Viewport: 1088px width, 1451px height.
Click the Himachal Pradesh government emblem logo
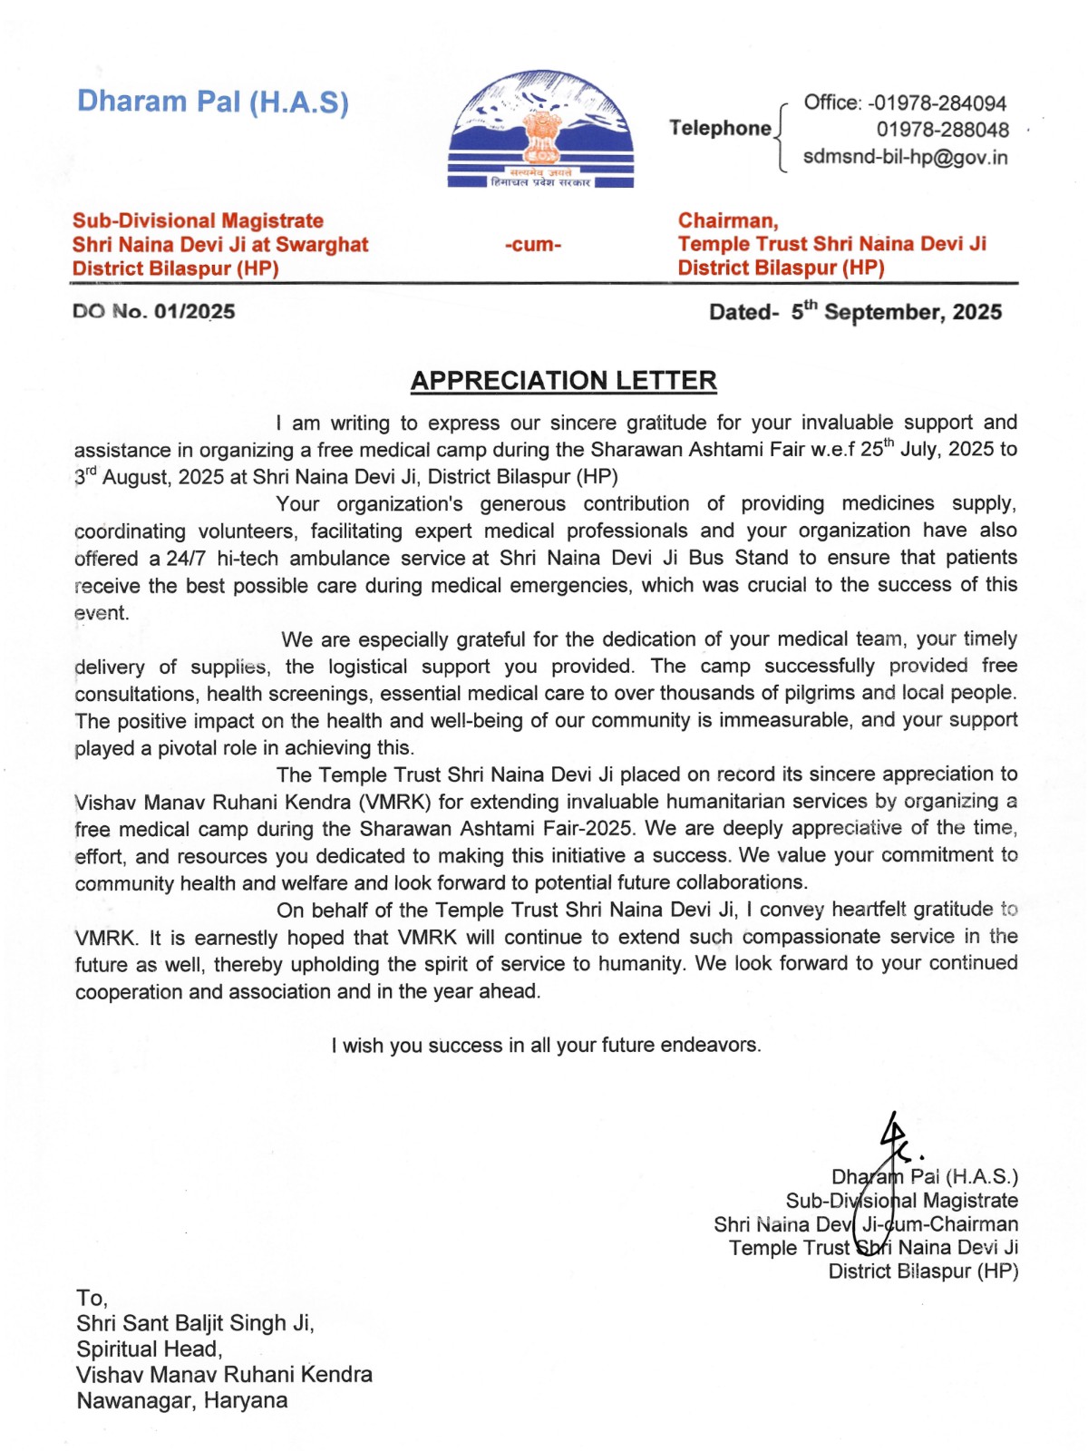pyautogui.click(x=541, y=130)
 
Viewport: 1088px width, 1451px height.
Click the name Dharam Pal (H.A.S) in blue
pyautogui.click(x=212, y=102)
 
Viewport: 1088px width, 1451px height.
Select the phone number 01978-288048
pyautogui.click(x=942, y=130)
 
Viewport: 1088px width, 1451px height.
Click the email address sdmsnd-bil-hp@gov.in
pyautogui.click(x=905, y=157)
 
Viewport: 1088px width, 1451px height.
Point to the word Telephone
pyautogui.click(x=720, y=128)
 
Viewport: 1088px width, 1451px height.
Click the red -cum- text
pyautogui.click(x=533, y=245)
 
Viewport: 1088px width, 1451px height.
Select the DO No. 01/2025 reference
pyautogui.click(x=154, y=312)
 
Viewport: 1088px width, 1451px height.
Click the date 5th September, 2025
pyautogui.click(x=896, y=312)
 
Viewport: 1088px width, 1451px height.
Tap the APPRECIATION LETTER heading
pyautogui.click(x=563, y=381)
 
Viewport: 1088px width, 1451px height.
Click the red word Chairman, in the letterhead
pyautogui.click(x=728, y=220)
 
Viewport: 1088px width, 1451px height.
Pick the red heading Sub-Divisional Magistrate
pyautogui.click(x=198, y=220)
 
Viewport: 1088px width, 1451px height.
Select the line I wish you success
pyautogui.click(x=546, y=1046)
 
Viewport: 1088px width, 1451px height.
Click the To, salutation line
pyautogui.click(x=92, y=1298)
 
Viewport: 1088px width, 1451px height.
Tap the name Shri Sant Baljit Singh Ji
pyautogui.click(x=195, y=1323)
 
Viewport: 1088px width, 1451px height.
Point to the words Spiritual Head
pyautogui.click(x=149, y=1349)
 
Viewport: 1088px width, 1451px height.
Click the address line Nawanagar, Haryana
pyautogui.click(x=181, y=1401)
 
